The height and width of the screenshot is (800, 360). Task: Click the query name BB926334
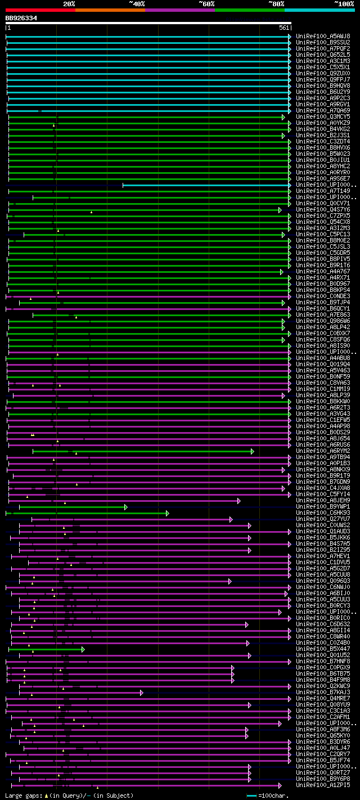tap(21, 18)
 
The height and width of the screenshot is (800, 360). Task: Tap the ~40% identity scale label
tap(137, 3)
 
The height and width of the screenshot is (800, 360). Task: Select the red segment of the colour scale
tap(40, 10)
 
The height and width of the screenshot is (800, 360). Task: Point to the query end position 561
tap(283, 28)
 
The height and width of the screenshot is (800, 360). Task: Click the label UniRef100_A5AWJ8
tap(323, 36)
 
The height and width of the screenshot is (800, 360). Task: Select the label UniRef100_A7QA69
tap(323, 111)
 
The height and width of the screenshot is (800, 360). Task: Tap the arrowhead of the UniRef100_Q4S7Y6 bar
tap(280, 210)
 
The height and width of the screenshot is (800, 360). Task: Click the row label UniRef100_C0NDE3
tap(323, 296)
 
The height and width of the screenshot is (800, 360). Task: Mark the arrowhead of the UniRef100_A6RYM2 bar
tap(253, 451)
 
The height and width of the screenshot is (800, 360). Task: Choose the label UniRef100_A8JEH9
tap(323, 500)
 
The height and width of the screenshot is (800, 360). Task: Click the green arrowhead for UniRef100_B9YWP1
tap(126, 507)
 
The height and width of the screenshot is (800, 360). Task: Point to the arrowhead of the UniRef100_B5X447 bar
tap(83, 649)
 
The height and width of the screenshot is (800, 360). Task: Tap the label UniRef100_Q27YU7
tap(323, 519)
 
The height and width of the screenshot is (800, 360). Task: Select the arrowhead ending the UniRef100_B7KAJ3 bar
tap(142, 693)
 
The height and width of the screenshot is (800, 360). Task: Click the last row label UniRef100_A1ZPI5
tap(323, 785)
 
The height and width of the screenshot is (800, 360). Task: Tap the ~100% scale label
tap(344, 3)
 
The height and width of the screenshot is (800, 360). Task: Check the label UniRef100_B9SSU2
tap(323, 42)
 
